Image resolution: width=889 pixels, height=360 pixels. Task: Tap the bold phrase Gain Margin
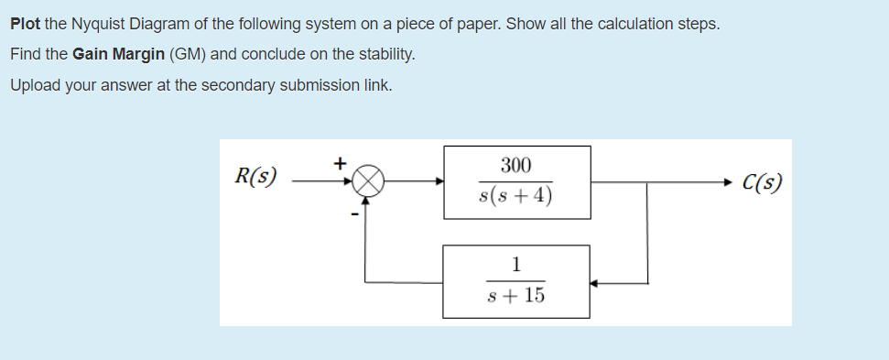pyautogui.click(x=119, y=55)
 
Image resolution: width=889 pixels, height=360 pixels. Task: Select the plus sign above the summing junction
pyautogui.click(x=339, y=164)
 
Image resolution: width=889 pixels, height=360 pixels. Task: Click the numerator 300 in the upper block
pyautogui.click(x=516, y=165)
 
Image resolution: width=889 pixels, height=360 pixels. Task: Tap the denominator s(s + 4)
pyautogui.click(x=515, y=197)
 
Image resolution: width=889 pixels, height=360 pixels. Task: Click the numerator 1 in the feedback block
pyautogui.click(x=516, y=266)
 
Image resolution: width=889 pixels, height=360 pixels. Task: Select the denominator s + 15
pyautogui.click(x=516, y=296)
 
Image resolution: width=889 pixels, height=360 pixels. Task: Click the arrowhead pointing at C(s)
pyautogui.click(x=730, y=181)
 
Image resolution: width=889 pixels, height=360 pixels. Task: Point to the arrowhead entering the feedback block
pyautogui.click(x=595, y=282)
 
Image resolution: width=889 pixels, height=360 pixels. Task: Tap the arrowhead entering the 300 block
pyautogui.click(x=439, y=181)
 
